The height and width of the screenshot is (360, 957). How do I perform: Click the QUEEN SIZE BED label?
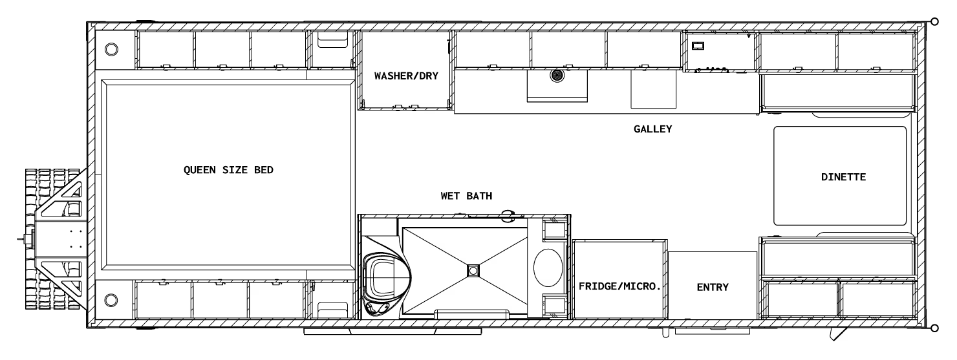pyautogui.click(x=228, y=171)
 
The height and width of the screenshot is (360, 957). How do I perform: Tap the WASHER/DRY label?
pyautogui.click(x=406, y=76)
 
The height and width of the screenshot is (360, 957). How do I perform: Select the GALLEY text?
pyautogui.click(x=653, y=129)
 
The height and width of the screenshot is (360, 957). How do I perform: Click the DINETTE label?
pyautogui.click(x=843, y=176)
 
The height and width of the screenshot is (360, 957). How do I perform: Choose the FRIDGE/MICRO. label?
pyautogui.click(x=619, y=286)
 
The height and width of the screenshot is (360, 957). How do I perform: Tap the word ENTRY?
pyautogui.click(x=713, y=287)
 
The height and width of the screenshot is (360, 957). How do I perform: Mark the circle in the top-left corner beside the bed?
pyautogui.click(x=111, y=49)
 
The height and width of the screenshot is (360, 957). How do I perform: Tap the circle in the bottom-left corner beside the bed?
pyautogui.click(x=111, y=299)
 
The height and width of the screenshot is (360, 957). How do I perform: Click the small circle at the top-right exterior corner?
pyautogui.click(x=934, y=21)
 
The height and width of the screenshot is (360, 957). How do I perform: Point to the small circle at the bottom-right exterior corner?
pyautogui.click(x=934, y=328)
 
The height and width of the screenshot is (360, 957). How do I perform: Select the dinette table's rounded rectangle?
pyautogui.click(x=840, y=176)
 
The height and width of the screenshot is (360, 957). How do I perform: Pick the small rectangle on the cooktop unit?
pyautogui.click(x=698, y=46)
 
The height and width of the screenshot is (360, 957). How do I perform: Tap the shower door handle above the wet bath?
pyautogui.click(x=508, y=215)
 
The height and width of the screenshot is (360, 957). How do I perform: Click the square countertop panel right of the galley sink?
pyautogui.click(x=653, y=89)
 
